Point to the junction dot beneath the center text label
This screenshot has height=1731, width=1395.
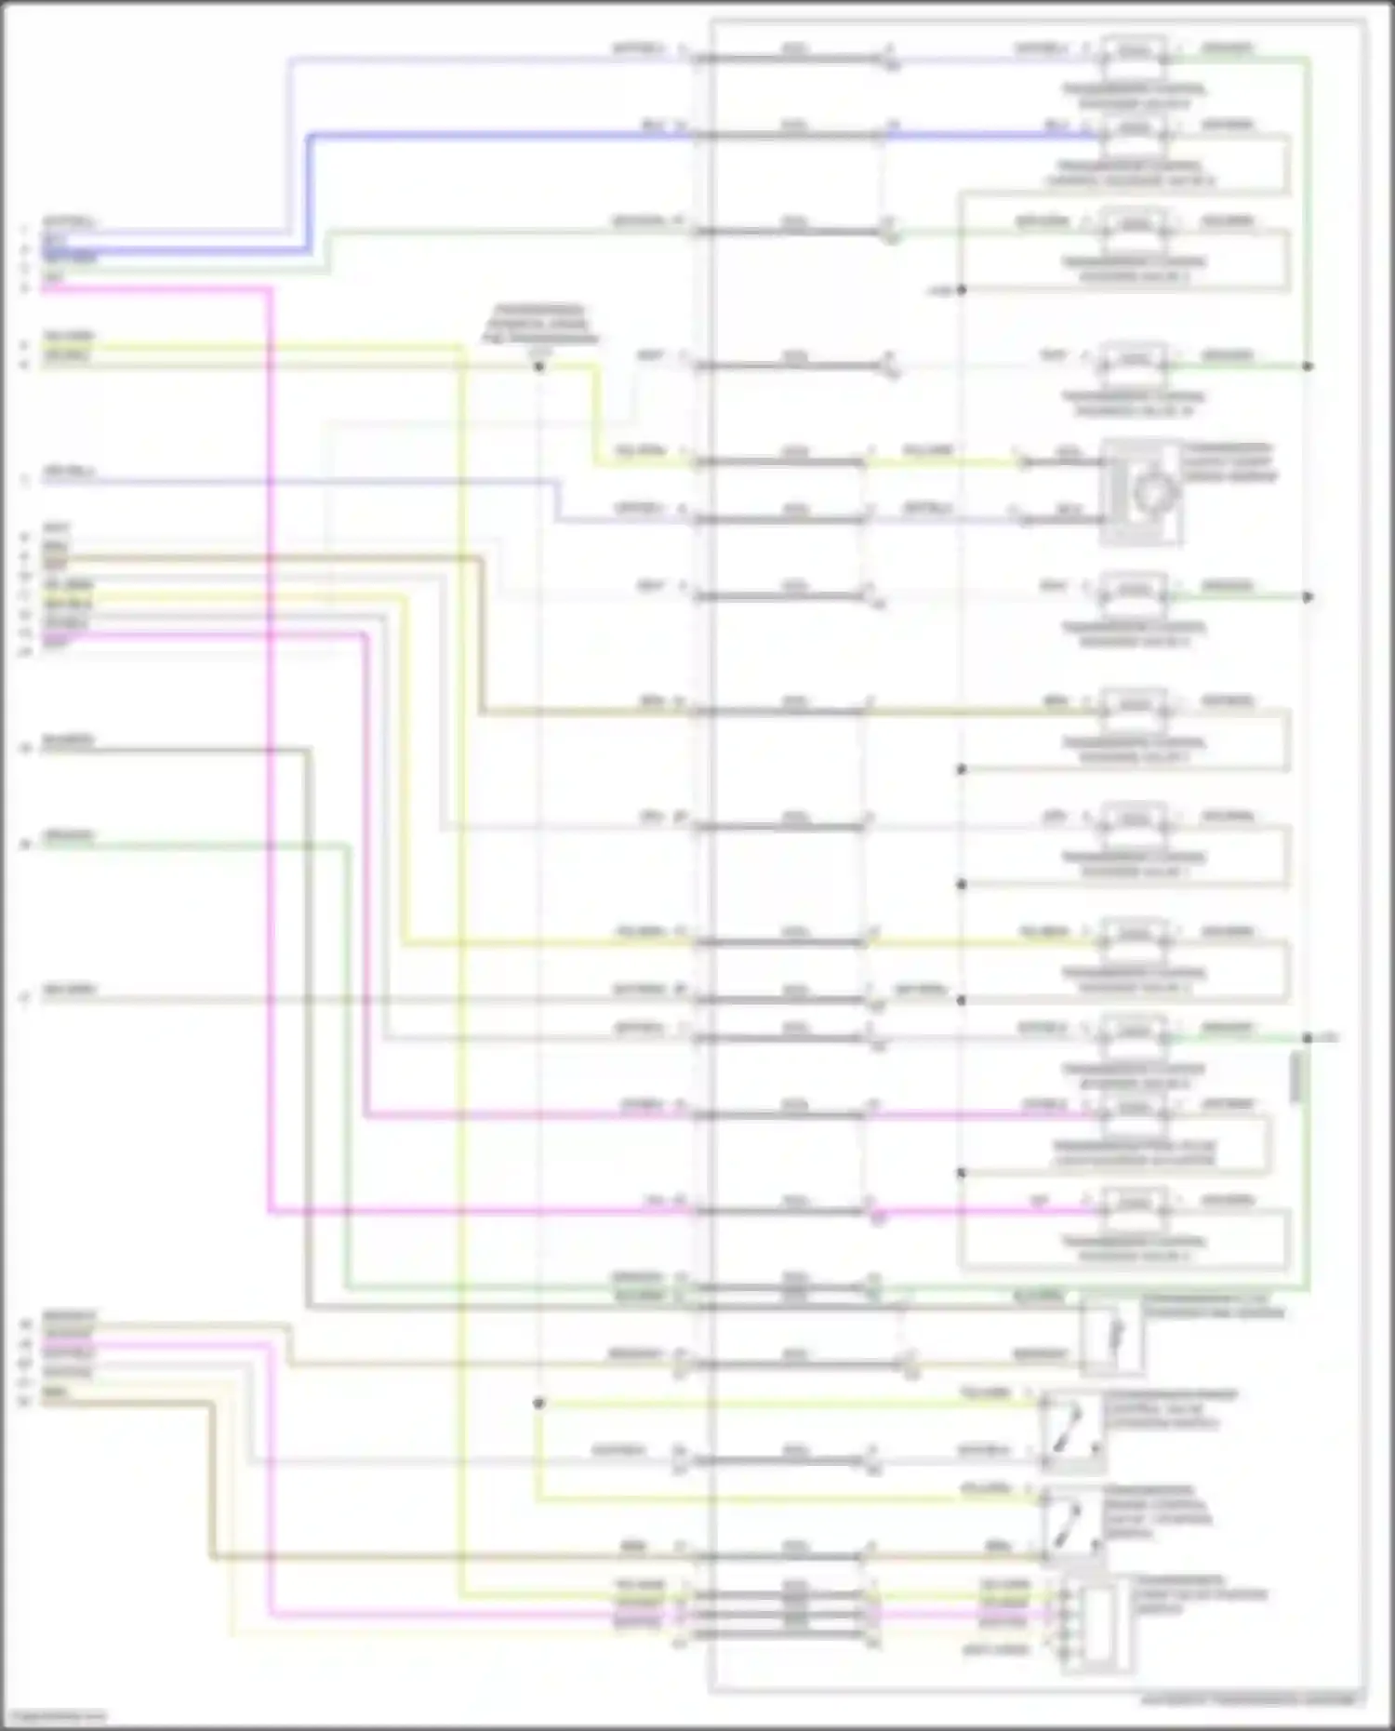538,366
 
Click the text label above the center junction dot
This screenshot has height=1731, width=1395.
539,324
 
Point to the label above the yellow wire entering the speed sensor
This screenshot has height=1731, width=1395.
928,451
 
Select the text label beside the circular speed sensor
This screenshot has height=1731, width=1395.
1228,462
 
